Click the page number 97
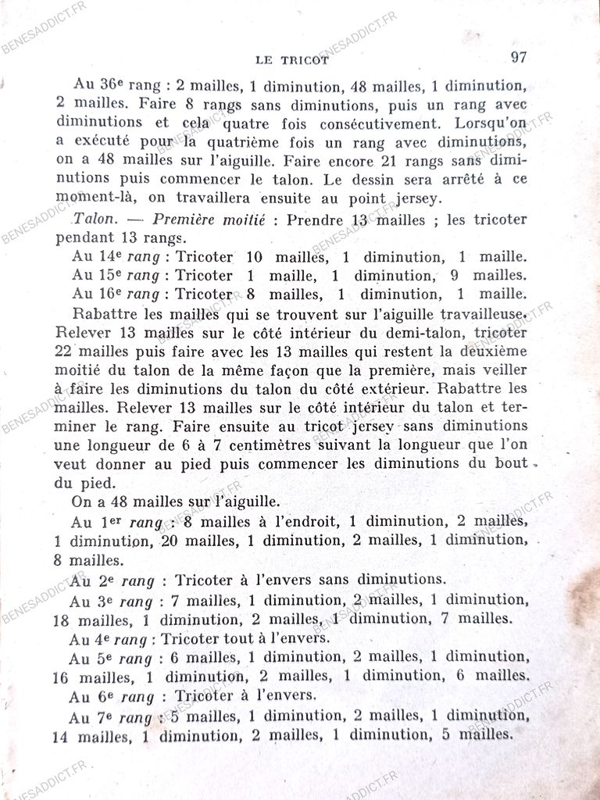(x=520, y=56)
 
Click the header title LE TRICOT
(x=292, y=59)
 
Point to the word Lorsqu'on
(x=492, y=123)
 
